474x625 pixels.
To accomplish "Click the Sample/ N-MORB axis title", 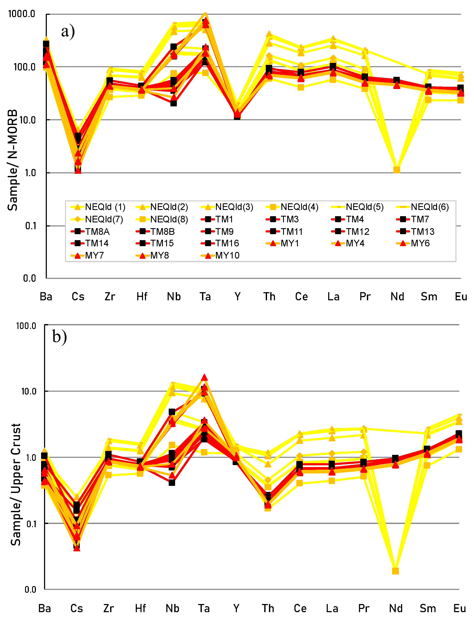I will (x=13, y=160).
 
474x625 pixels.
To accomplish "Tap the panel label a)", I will (x=68, y=31).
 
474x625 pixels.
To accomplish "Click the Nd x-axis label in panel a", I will (x=397, y=297).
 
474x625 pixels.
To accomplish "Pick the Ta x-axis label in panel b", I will (x=204, y=608).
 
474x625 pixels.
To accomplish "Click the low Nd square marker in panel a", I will (x=397, y=170).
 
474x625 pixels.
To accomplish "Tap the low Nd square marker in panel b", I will (x=396, y=571).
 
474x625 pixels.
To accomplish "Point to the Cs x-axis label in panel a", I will (x=78, y=297).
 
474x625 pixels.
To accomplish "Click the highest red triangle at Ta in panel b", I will (x=204, y=378).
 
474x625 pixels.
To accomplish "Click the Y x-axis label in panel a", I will (x=237, y=297).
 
